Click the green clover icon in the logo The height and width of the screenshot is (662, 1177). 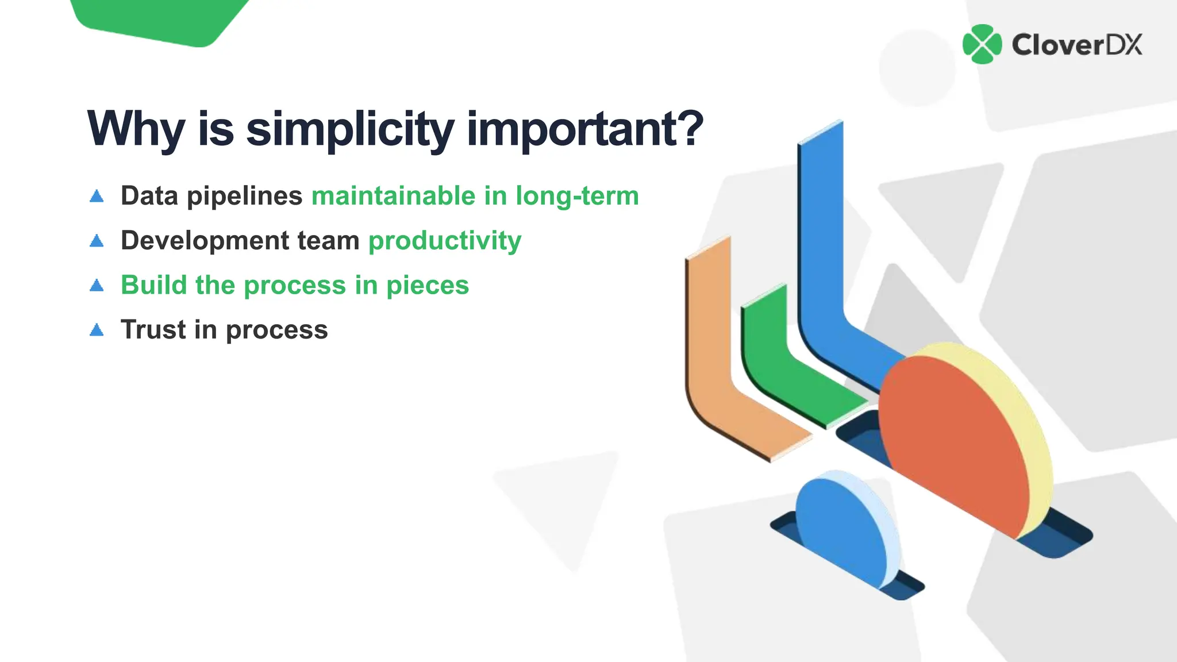click(x=982, y=44)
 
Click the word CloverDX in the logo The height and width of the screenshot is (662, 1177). click(x=1076, y=45)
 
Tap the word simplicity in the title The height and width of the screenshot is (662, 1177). click(x=350, y=129)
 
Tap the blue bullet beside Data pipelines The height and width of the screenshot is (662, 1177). click(x=97, y=197)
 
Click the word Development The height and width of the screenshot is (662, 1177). click(x=205, y=240)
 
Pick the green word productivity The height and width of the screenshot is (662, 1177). click(x=445, y=240)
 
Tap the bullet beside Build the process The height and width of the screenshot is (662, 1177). click(x=97, y=286)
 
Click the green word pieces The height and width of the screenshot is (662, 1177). click(x=428, y=285)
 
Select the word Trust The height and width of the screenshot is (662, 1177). click(x=153, y=329)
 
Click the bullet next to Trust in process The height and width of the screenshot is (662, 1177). click(x=97, y=330)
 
